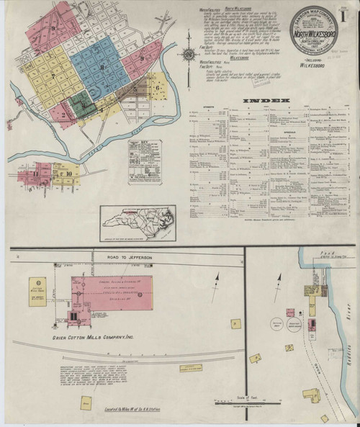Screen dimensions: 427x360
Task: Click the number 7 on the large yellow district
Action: [x=53, y=75]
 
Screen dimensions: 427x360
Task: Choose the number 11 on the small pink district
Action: [x=35, y=174]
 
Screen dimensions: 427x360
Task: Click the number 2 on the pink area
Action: [x=64, y=114]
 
